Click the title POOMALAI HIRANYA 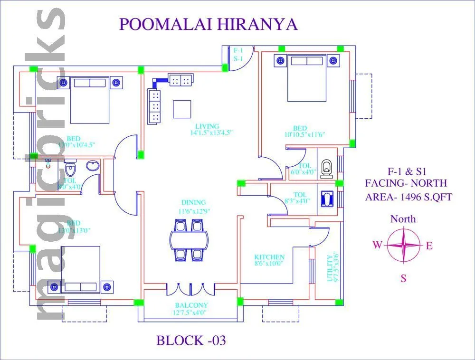point(208,24)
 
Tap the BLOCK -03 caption point(191,340)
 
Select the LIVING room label point(207,126)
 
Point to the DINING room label point(193,202)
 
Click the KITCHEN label point(269,257)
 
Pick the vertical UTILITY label point(330,268)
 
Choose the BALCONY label point(191,305)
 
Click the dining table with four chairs point(189,239)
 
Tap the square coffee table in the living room point(182,109)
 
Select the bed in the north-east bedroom point(307,78)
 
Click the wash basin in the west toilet point(91,166)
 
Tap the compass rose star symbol point(403,245)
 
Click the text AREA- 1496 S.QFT point(408,197)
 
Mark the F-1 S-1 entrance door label point(238,54)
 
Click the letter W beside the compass point(377,245)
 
